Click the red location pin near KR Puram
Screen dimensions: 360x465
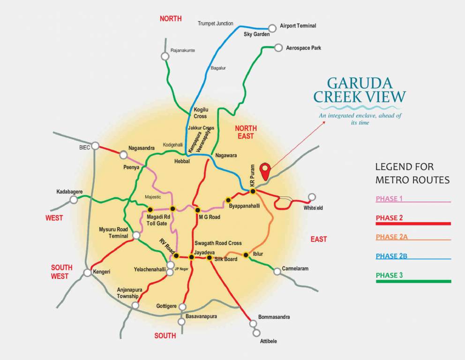(266, 170)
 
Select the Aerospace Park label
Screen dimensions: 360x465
(303, 48)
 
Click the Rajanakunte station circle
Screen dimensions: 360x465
(165, 56)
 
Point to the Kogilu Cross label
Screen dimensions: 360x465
(200, 113)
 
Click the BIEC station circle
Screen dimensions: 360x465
(96, 146)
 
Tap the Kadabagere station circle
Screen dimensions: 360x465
(74, 200)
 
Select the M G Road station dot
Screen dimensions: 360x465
(197, 210)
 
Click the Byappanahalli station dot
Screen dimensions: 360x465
(228, 200)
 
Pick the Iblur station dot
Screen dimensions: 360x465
(246, 255)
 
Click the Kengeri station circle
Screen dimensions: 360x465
(87, 272)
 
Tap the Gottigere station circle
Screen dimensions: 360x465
(183, 307)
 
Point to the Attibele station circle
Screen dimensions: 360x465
(256, 333)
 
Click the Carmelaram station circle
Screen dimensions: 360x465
(277, 270)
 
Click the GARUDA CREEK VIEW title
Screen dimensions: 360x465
(360, 90)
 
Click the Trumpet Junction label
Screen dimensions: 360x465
(215, 23)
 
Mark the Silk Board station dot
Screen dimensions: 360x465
(210, 257)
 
